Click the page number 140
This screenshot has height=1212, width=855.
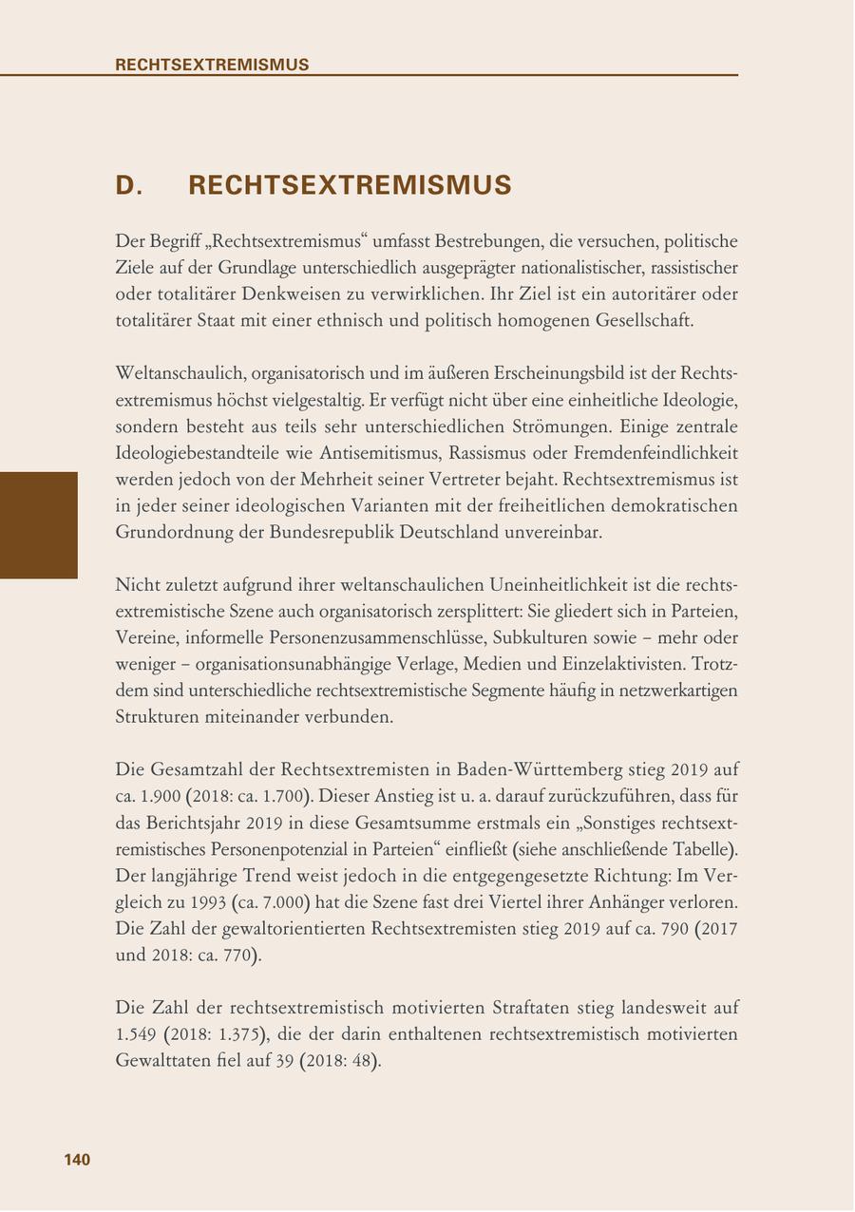(x=77, y=1160)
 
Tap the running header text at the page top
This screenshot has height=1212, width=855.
(x=212, y=65)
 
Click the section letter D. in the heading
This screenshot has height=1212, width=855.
(x=129, y=185)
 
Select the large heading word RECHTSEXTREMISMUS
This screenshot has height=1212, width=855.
(x=350, y=185)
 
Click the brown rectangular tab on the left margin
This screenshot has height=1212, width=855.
(x=38, y=524)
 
